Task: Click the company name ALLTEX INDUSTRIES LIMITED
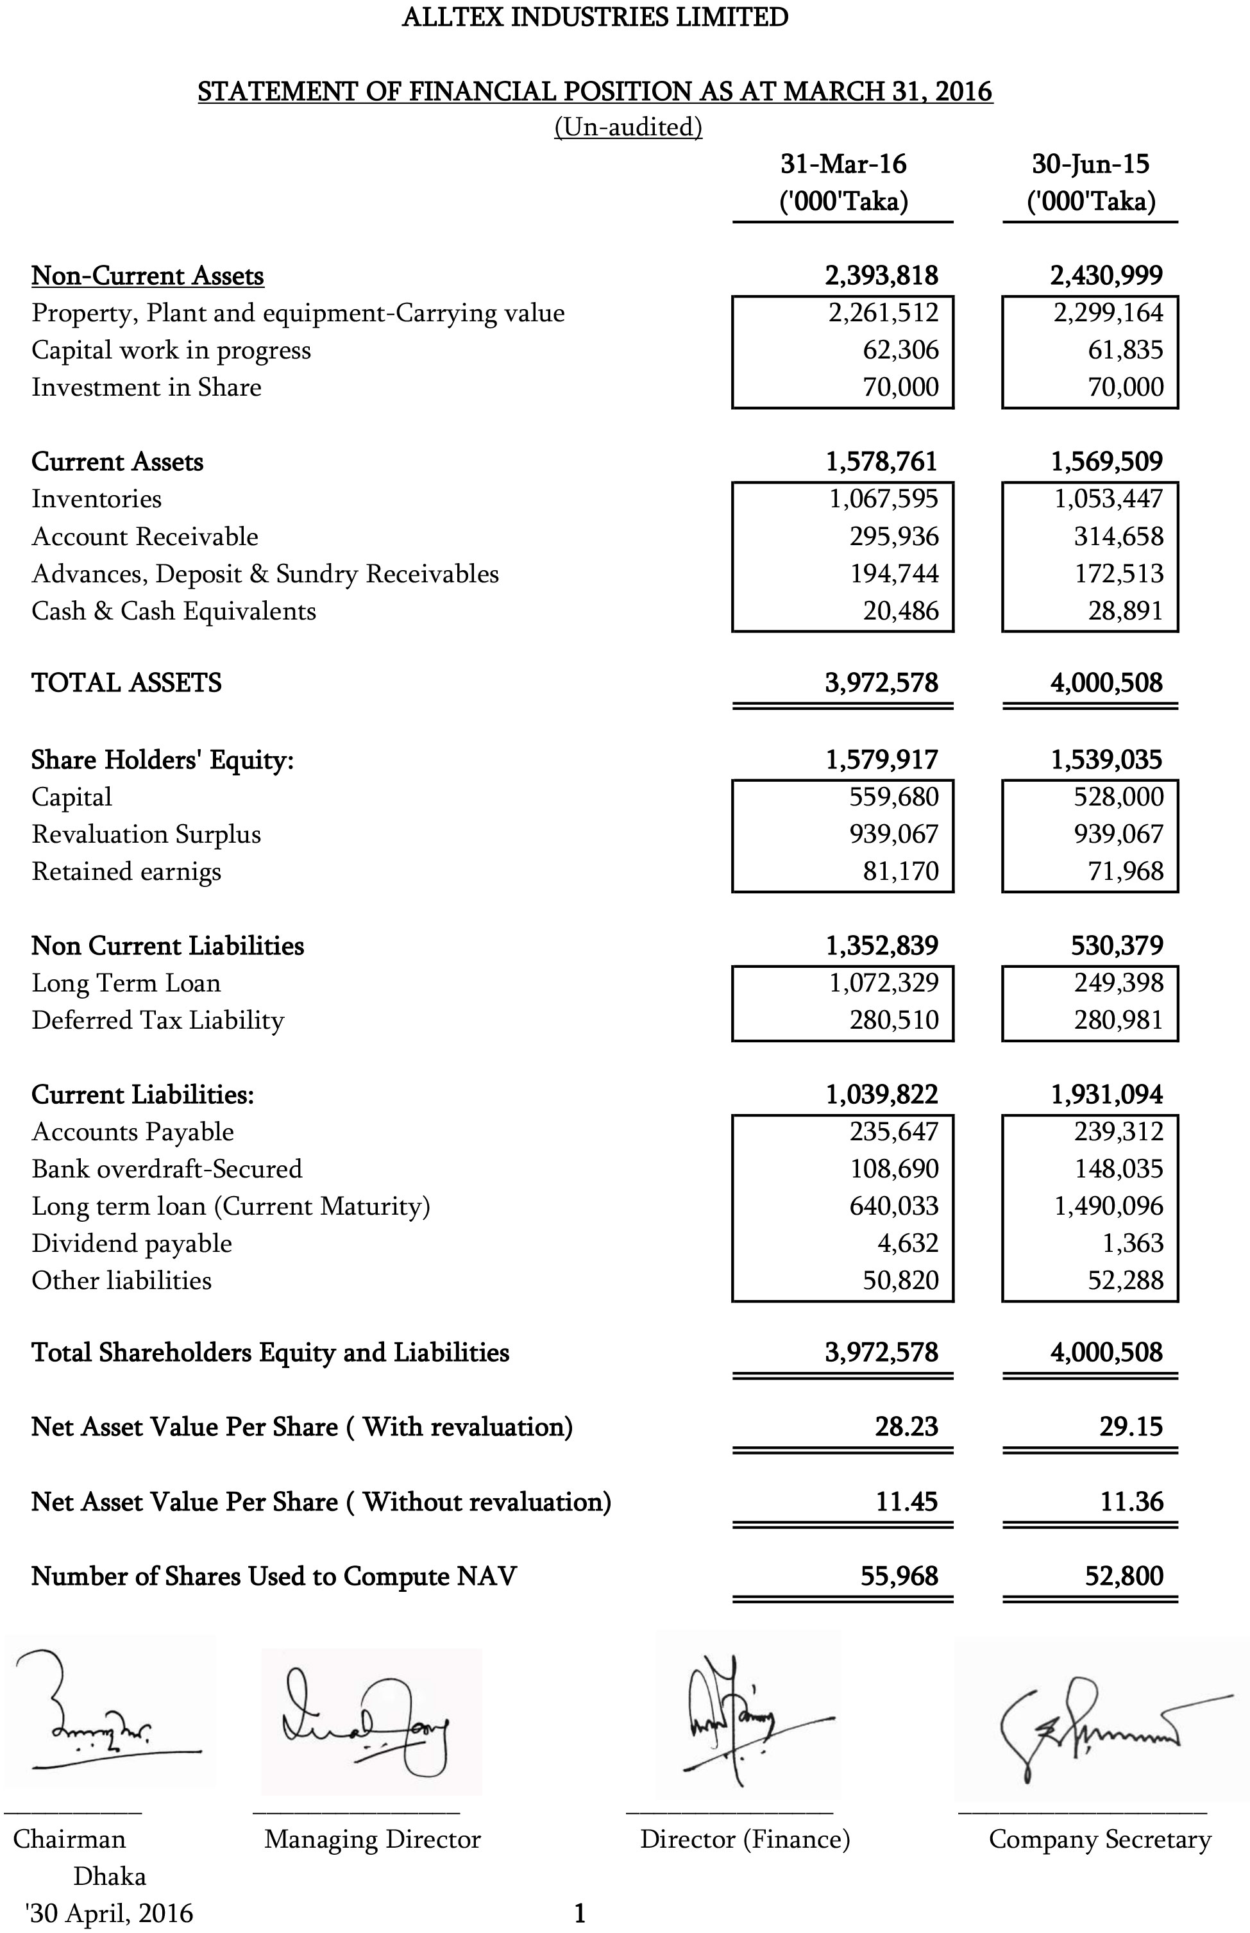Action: pyautogui.click(x=595, y=17)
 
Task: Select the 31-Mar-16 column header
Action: pyautogui.click(x=843, y=164)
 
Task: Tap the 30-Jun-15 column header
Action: pyautogui.click(x=1090, y=164)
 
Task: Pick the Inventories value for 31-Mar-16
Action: pyautogui.click(x=883, y=498)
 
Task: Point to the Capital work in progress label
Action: pyautogui.click(x=171, y=350)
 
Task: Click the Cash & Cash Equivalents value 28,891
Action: pyautogui.click(x=1125, y=611)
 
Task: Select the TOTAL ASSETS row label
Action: pyautogui.click(x=126, y=682)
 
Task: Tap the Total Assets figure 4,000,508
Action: pyautogui.click(x=1106, y=682)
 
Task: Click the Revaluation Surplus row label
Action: pyautogui.click(x=146, y=834)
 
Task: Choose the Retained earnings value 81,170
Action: pyautogui.click(x=900, y=871)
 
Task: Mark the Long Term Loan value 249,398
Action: pyautogui.click(x=1119, y=983)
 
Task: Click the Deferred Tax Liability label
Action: pyautogui.click(x=158, y=1020)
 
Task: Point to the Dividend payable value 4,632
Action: pyautogui.click(x=908, y=1242)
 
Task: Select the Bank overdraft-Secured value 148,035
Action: pyautogui.click(x=1119, y=1169)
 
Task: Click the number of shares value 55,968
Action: pyautogui.click(x=899, y=1576)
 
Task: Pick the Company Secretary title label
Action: pyautogui.click(x=1099, y=1839)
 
